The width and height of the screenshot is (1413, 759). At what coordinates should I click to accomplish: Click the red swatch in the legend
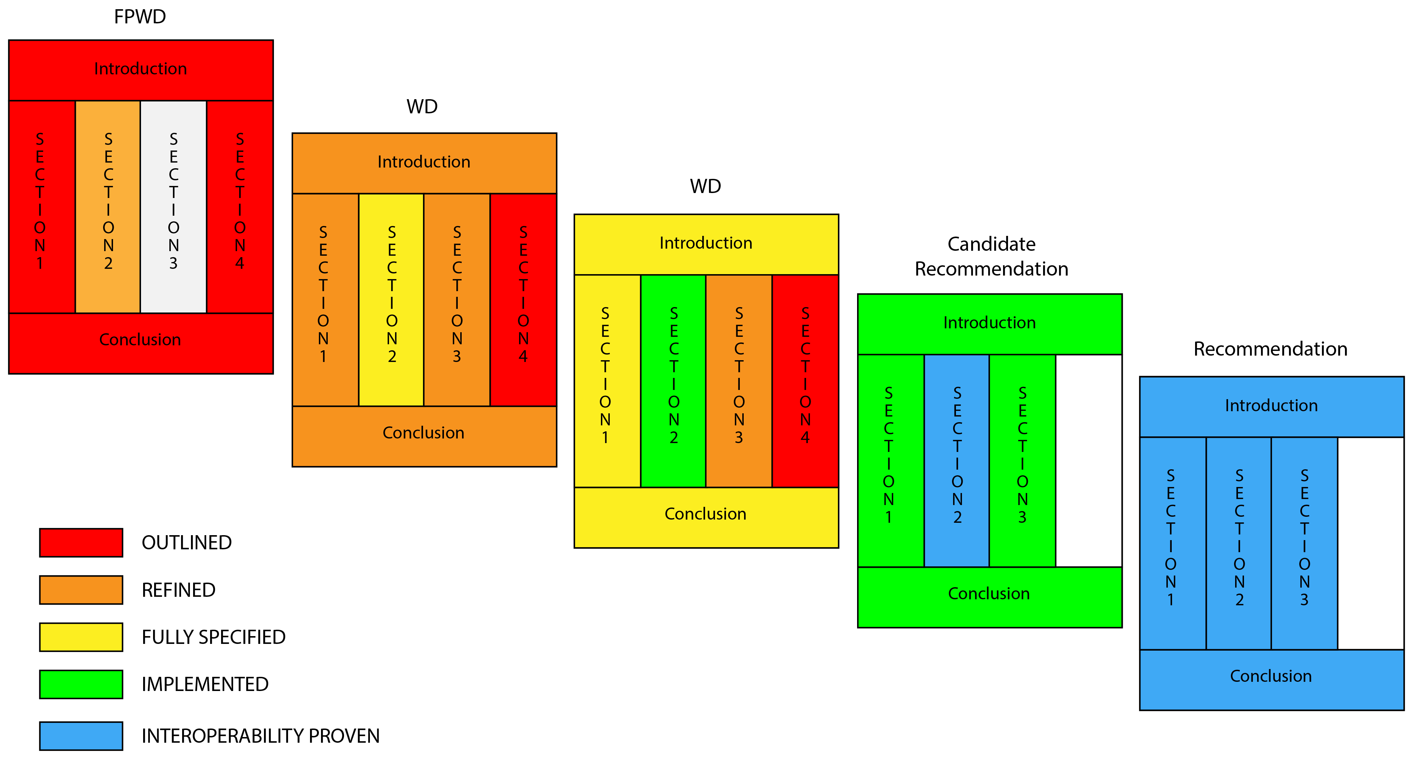81,542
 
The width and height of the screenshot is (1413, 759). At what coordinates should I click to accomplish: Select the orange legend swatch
81,590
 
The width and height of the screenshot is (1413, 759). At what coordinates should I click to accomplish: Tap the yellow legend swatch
81,637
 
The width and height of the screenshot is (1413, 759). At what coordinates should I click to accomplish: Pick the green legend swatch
81,684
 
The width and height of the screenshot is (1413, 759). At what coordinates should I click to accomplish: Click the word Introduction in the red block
140,69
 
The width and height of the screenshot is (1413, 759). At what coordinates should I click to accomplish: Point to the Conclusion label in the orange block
423,433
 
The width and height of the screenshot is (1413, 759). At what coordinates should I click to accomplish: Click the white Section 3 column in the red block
173,207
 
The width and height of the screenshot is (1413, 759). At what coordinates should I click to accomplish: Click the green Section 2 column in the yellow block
673,381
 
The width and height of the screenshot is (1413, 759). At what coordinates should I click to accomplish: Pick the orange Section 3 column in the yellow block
739,381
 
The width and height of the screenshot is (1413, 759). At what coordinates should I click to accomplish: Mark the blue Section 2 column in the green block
957,461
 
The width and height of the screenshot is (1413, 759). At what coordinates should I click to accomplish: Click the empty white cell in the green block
1088,461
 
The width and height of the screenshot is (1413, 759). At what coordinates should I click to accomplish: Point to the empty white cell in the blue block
1370,543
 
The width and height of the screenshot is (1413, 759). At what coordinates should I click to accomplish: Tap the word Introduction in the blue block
1271,405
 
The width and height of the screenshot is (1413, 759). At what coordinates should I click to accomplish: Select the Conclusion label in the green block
989,593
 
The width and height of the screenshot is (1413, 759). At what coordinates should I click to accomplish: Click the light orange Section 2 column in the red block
108,207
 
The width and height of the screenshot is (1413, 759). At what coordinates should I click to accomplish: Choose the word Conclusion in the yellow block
705,514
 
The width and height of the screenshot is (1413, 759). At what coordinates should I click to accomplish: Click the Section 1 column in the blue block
1173,543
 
